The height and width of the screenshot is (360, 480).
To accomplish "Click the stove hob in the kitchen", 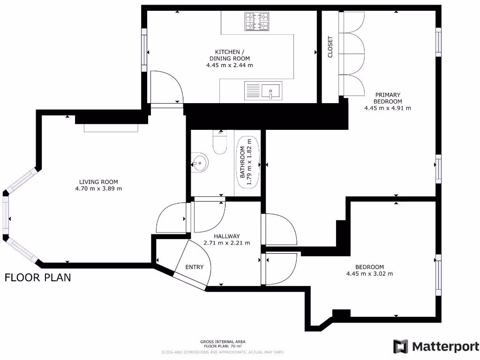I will [x=257, y=21].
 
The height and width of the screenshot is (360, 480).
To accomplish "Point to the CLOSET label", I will [x=330, y=47].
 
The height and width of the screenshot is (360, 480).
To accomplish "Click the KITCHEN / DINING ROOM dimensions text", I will [x=229, y=65].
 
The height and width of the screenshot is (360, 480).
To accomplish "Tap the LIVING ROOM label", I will [x=98, y=182].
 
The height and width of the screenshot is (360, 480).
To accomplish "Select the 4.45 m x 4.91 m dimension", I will [x=387, y=108].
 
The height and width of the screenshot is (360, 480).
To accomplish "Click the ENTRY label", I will [x=195, y=267].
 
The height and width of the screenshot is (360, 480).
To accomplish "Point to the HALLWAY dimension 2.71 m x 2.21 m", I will [x=227, y=243].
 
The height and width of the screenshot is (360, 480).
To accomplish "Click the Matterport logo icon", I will [x=400, y=346].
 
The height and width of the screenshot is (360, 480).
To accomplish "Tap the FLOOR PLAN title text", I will [x=38, y=277].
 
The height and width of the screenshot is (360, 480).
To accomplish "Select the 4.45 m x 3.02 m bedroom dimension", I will [x=369, y=274].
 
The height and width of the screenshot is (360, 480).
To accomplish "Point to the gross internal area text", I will [x=223, y=344].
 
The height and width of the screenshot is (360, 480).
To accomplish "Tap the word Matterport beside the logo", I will [x=445, y=346].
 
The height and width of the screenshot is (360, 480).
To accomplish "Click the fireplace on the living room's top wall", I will [x=111, y=128].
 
